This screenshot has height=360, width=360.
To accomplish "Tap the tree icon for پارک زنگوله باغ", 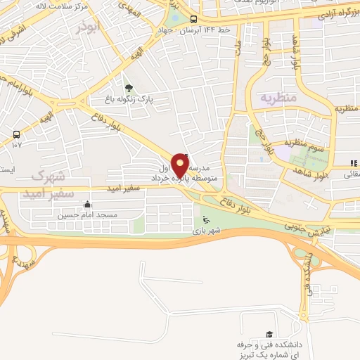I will pos(128,88).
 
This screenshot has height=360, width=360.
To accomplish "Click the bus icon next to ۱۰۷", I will pos(15,134).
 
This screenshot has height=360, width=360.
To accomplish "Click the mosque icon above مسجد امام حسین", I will pos(86,205).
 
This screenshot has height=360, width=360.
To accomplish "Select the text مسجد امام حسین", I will pos(86,215).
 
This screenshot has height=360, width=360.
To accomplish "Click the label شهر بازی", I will pos(207,231).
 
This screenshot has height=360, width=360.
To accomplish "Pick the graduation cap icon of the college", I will pos(269,335).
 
